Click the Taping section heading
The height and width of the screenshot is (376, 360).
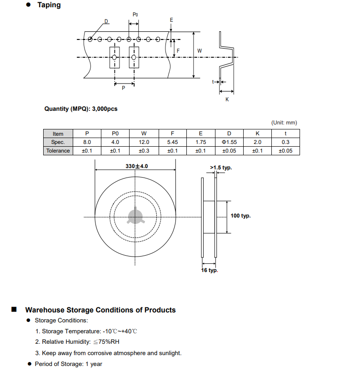coord(49,5)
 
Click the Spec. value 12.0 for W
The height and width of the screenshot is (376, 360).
coord(144,142)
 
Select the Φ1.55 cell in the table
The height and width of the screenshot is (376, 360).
coord(229,142)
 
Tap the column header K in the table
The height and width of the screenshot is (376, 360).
coord(257,134)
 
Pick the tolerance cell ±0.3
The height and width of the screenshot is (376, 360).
coord(144,151)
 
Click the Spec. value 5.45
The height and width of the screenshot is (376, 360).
coord(172,142)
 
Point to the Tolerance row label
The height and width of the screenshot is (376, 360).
coord(58,151)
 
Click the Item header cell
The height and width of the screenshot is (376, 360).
coord(58,134)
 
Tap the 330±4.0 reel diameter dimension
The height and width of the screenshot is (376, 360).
coord(137,167)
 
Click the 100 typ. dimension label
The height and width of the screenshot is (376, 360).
coord(240,216)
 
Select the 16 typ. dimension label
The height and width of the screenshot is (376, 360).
coord(210,270)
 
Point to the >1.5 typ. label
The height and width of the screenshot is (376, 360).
coord(221,168)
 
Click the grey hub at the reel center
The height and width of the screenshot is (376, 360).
coord(135,217)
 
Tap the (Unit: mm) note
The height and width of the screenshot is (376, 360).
coord(284,123)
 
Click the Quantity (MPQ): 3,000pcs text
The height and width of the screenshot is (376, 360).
coord(80,109)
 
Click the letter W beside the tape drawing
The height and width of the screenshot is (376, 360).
coord(200,51)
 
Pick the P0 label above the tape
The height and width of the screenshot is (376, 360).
coord(135,15)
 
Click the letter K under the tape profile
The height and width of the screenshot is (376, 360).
coord(227,99)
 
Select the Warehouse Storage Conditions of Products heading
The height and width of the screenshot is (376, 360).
coord(100,310)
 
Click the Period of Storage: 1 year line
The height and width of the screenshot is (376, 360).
coord(68,364)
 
